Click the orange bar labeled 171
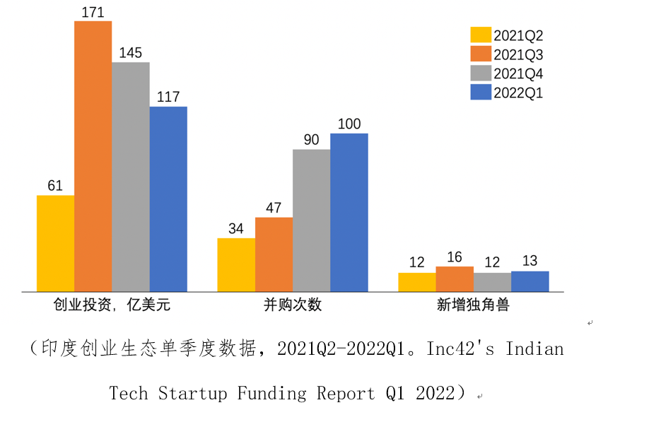93,156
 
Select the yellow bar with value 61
55,243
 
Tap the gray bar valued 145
130,177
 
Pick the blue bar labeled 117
168,199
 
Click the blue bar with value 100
349,212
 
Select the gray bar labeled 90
311,220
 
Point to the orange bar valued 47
274,254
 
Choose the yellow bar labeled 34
236,264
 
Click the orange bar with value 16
455,279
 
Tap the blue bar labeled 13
530,281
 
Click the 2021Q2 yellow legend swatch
481,35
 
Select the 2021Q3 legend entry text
518,54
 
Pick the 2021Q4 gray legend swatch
481,73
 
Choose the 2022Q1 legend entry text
518,93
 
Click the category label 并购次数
292,305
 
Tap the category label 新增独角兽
473,305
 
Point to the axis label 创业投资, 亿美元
112,305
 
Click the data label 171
93,11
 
